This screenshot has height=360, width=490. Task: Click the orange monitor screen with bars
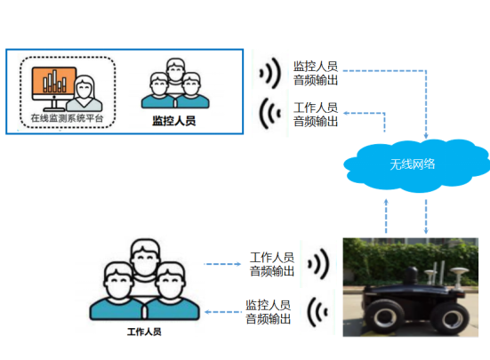pyautogui.click(x=54, y=81)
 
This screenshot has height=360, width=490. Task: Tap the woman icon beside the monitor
pyautogui.click(x=84, y=93)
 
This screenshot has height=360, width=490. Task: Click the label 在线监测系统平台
pyautogui.click(x=67, y=118)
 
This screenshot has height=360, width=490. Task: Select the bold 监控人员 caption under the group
pyautogui.click(x=174, y=121)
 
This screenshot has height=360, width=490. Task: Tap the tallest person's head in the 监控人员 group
pyautogui.click(x=175, y=69)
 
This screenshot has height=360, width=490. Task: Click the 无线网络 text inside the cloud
pyautogui.click(x=413, y=164)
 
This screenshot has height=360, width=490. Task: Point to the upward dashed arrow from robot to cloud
pyautogui.click(x=386, y=216)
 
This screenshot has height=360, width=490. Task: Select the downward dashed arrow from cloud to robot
pyautogui.click(x=426, y=217)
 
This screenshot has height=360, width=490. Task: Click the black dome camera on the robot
pyautogui.click(x=412, y=274)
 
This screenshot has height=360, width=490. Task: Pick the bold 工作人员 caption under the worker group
pyautogui.click(x=144, y=332)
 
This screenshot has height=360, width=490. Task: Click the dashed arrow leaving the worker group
pyautogui.click(x=222, y=264)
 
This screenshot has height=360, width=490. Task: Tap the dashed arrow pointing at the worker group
pyautogui.click(x=223, y=312)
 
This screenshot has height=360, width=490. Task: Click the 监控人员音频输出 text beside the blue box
pyautogui.click(x=316, y=74)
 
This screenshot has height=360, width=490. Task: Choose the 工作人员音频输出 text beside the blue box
pyautogui.click(x=316, y=115)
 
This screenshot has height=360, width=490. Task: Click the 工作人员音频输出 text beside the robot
pyautogui.click(x=272, y=264)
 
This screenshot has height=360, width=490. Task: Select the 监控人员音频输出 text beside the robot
pyautogui.click(x=269, y=312)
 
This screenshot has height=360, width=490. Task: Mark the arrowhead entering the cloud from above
pyautogui.click(x=426, y=136)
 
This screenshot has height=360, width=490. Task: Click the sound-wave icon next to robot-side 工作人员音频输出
pyautogui.click(x=318, y=264)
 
